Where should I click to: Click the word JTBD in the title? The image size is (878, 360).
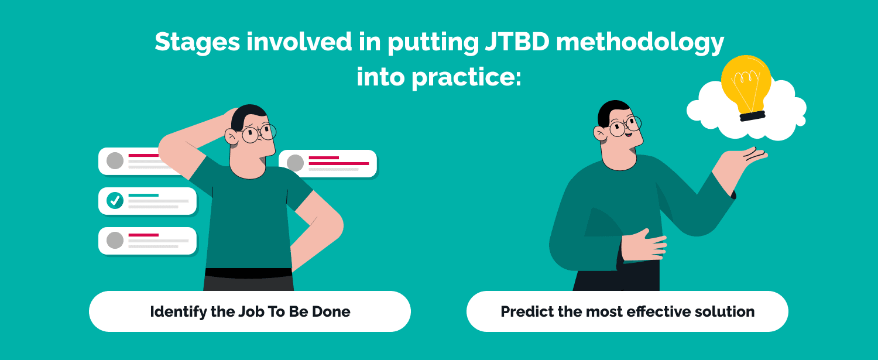coord(517,41)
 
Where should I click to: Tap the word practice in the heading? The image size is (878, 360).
coord(466,77)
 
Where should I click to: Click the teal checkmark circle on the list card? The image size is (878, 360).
coord(115,200)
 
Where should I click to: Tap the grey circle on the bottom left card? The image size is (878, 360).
coord(115,241)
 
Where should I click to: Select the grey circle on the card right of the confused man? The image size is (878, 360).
coord(295,163)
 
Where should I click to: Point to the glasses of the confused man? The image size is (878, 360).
coord(259,132)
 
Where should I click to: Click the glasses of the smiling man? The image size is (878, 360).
coord(625,126)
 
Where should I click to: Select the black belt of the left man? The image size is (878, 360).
coord(249,273)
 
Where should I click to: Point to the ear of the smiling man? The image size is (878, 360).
coord(600,133)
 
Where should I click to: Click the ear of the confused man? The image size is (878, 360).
coord(231,136)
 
